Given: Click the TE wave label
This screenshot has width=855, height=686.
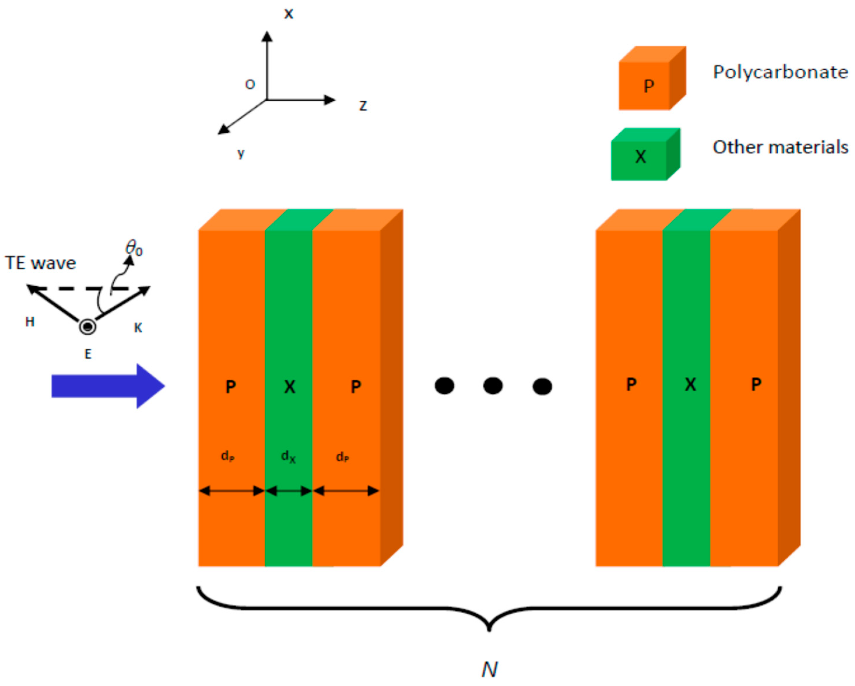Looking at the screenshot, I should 41,263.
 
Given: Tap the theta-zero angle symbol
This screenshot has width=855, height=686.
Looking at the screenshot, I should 134,249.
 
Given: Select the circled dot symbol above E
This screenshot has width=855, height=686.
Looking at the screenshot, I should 88,327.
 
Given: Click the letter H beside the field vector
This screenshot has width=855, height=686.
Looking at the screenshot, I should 30,322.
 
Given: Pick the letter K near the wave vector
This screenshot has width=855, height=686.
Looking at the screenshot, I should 138,327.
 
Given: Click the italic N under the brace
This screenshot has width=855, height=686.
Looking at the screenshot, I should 489,670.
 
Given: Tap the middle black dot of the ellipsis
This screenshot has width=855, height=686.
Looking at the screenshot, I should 493,386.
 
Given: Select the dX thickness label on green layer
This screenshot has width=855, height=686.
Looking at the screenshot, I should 288,457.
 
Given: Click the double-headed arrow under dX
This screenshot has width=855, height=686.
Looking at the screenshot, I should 289,491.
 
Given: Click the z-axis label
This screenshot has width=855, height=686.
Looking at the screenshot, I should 363,106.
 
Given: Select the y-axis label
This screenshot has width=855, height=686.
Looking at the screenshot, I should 241,153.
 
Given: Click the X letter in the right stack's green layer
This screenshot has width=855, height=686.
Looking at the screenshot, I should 690,384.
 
